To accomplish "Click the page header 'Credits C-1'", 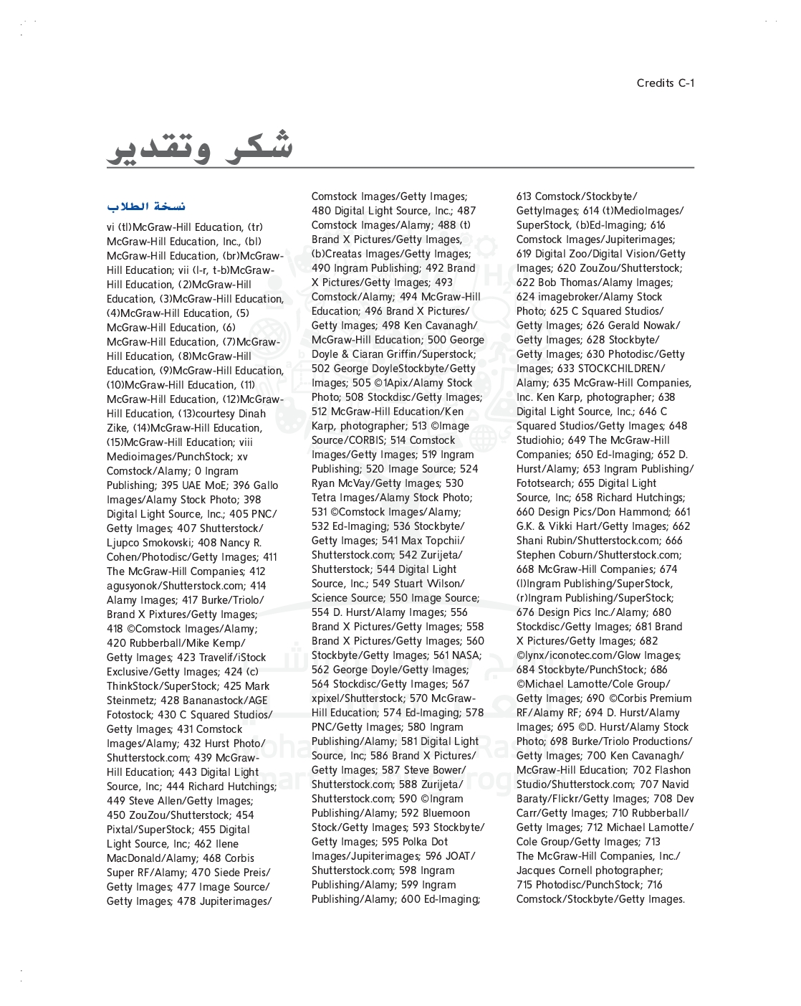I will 665,83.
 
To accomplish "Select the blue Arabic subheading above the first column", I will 146,207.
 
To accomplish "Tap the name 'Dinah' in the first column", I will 252,414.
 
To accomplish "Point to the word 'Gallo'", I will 265,485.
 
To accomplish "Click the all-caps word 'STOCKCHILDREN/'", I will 621,369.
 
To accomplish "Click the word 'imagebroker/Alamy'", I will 575,297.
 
